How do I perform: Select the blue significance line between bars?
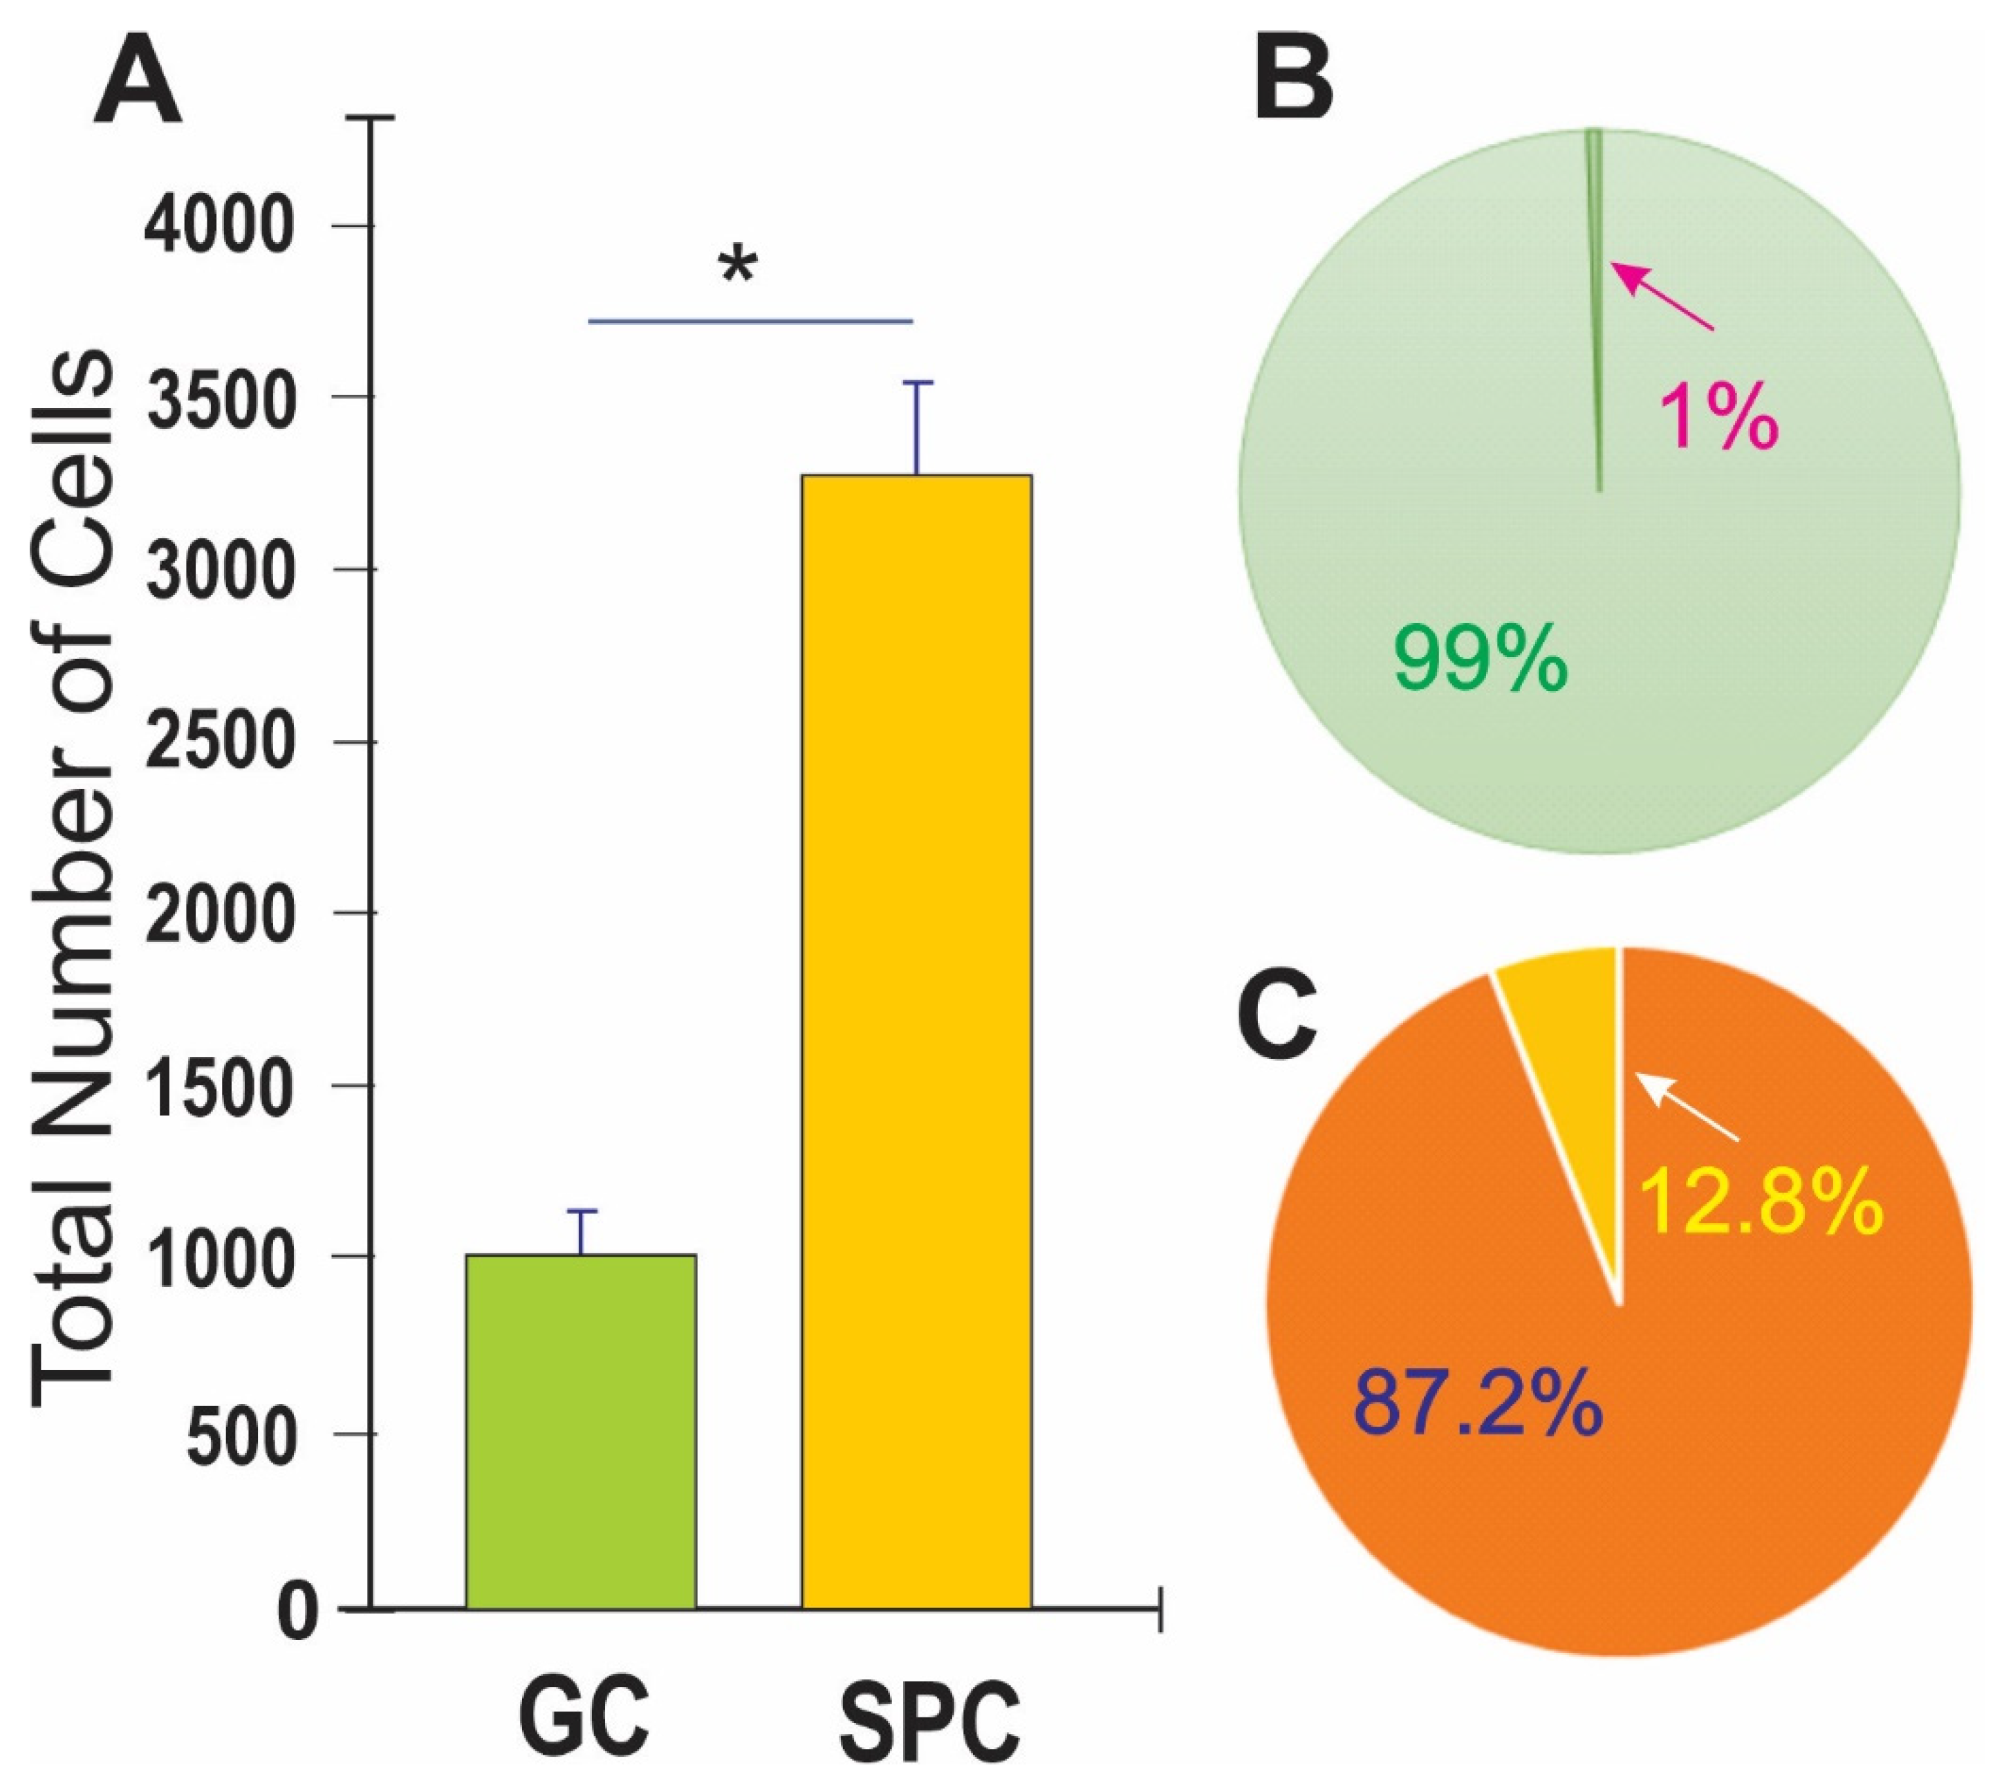click(750, 320)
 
